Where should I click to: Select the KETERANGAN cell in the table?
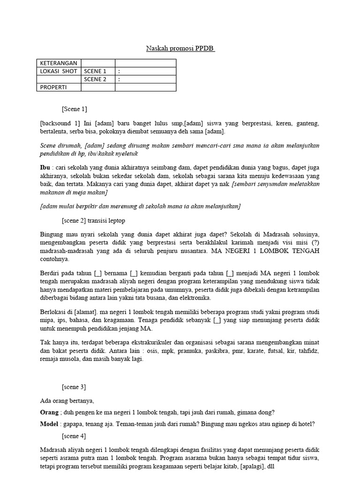click(x=58, y=63)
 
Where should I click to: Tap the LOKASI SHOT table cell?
click(x=58, y=71)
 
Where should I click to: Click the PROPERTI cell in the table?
click(x=53, y=87)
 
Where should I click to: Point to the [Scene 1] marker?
click(x=75, y=109)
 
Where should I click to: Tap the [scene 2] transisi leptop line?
click(x=93, y=220)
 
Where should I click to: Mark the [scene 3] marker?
click(x=74, y=387)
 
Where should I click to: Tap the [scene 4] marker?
click(x=74, y=436)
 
